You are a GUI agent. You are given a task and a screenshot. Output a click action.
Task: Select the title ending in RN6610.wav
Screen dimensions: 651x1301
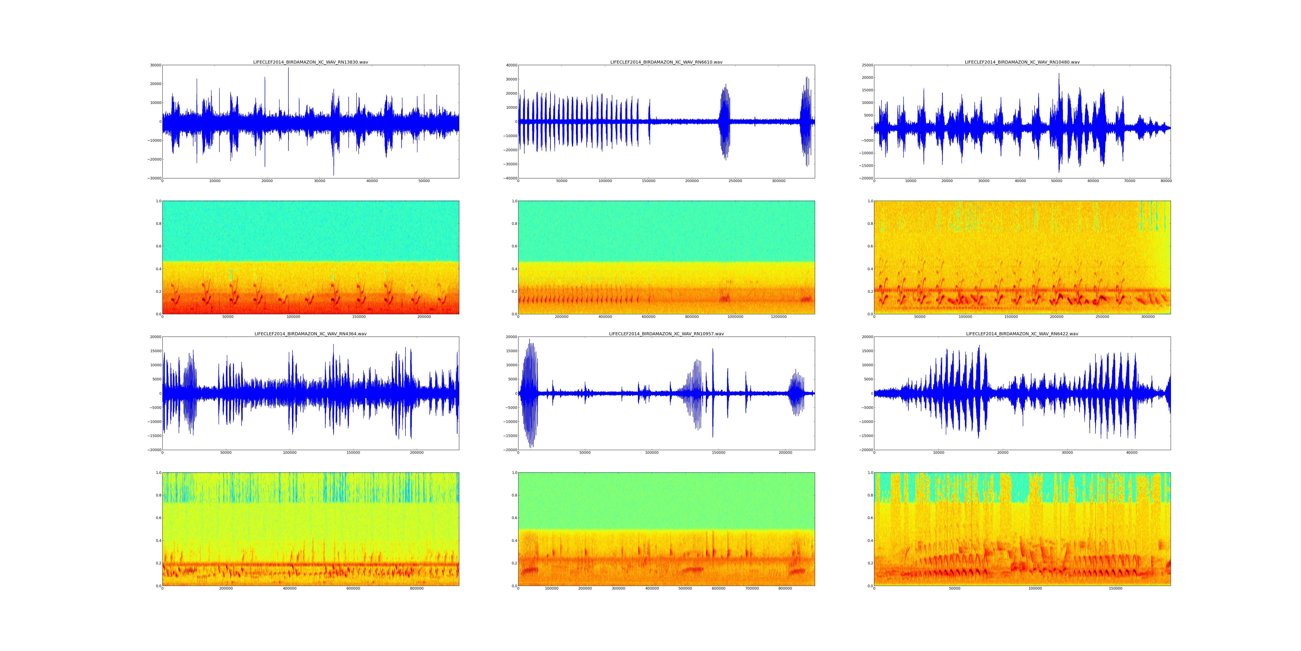point(666,62)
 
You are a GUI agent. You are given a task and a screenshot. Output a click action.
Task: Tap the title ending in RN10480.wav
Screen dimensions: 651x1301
point(1022,62)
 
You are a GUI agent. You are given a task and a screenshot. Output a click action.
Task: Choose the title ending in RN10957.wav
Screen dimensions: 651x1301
point(666,334)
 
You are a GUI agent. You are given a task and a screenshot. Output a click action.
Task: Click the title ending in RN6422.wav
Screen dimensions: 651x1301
point(1022,334)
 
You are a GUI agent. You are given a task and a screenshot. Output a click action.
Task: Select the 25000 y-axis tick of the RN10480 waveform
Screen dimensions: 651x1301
point(866,65)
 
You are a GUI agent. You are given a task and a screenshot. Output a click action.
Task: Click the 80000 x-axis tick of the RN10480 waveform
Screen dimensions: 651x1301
point(1166,181)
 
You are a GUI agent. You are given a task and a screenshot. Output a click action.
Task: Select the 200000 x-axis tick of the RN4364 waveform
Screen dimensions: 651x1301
point(417,453)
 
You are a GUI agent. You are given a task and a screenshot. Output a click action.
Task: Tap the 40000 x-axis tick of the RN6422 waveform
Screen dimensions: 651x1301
point(1132,453)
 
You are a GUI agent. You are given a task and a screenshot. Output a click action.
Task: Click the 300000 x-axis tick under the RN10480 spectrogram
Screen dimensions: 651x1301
point(1148,317)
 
